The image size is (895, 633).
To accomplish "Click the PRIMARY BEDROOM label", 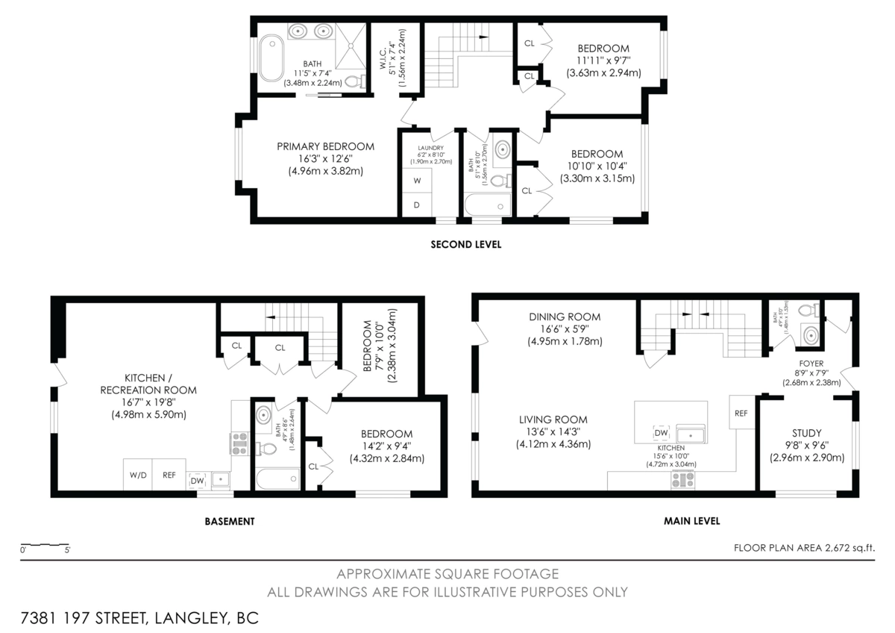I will (x=325, y=146).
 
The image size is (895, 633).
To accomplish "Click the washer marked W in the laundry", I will (x=417, y=181).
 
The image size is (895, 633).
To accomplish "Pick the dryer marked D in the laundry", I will (x=417, y=205).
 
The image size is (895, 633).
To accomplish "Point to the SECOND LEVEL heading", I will (x=465, y=244).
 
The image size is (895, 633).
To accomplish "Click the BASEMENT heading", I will (x=229, y=521).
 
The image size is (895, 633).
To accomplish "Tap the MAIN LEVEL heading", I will (x=691, y=521).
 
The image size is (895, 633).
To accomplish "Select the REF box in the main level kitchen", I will (x=741, y=413).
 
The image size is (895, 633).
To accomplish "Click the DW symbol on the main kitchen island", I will (x=661, y=433).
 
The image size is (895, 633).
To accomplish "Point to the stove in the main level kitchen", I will (x=683, y=480).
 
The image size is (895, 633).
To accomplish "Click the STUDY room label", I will (x=806, y=433).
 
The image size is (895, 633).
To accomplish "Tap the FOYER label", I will (x=811, y=364).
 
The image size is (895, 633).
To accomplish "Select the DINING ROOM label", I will (x=565, y=316).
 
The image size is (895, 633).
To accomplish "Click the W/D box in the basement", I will (x=138, y=475).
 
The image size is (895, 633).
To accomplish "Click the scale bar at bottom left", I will (x=45, y=546).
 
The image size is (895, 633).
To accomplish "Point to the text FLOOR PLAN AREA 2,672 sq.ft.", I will (x=804, y=547).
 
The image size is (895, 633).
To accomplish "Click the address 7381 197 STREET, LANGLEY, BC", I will (x=135, y=618).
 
